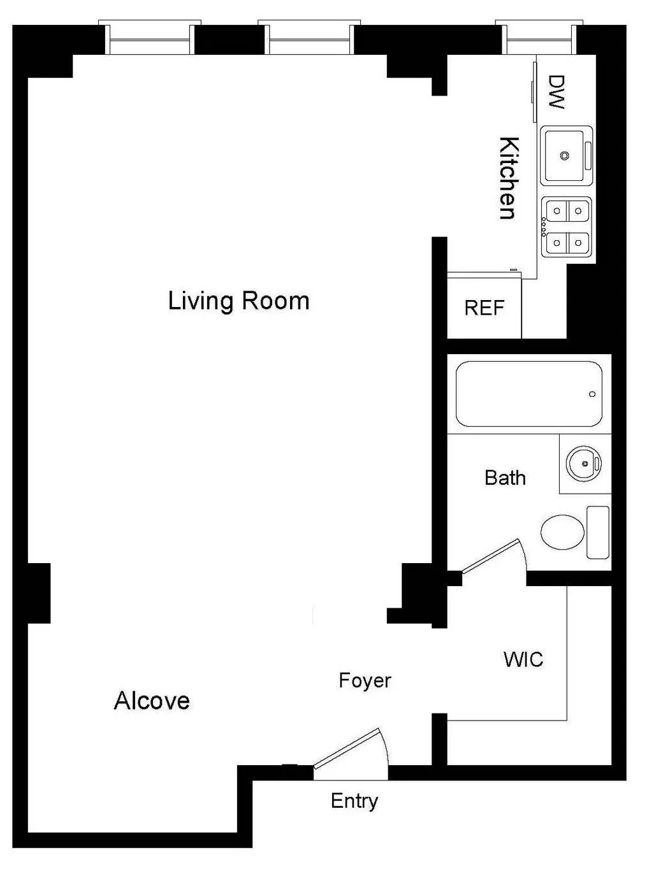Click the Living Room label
click(238, 301)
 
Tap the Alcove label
click(152, 701)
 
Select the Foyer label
click(365, 680)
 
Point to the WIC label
click(523, 659)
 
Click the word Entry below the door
click(354, 801)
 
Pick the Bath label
click(505, 478)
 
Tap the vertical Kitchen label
click(508, 178)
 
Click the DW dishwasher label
click(557, 92)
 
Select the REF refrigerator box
click(485, 308)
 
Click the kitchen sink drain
click(564, 155)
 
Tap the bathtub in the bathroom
click(528, 394)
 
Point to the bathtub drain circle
click(592, 394)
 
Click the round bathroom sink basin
click(583, 463)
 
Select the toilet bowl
click(562, 532)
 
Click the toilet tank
click(598, 533)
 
